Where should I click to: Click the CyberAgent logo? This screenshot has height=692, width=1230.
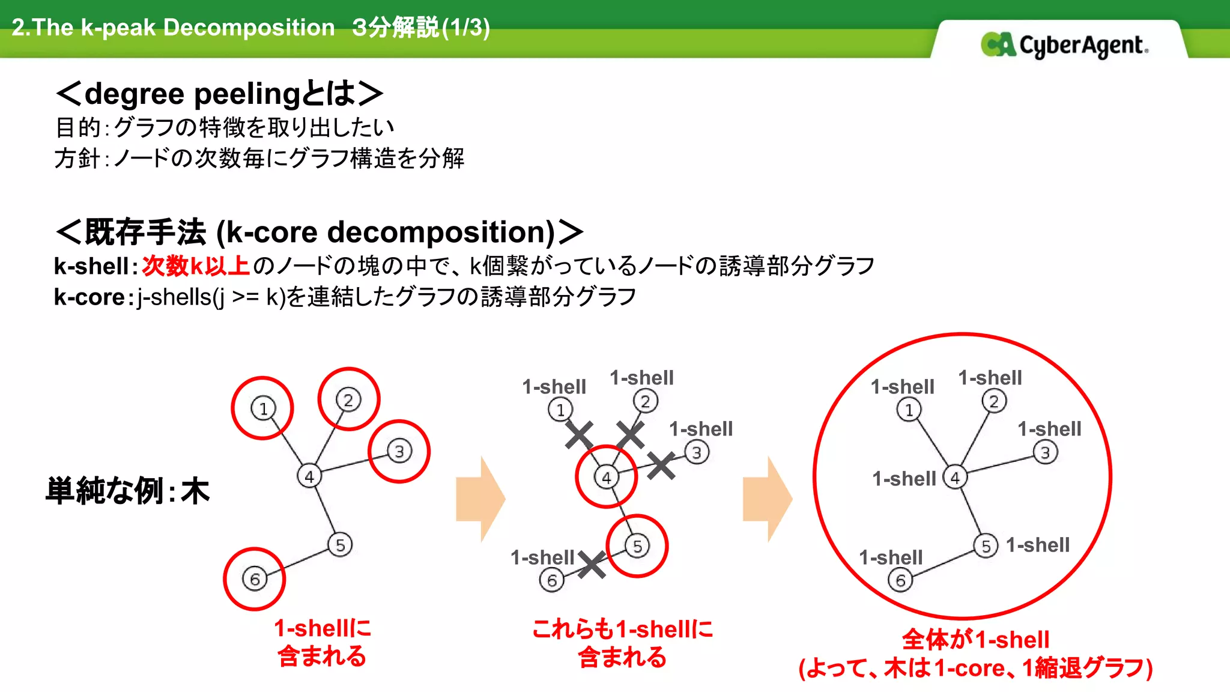tap(1064, 45)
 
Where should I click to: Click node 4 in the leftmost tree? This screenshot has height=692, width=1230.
tap(309, 476)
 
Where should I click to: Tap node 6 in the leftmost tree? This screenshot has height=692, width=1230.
tap(255, 579)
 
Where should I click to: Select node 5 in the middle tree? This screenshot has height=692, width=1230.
tap(637, 546)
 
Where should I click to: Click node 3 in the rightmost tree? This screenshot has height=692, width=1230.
tap(1045, 452)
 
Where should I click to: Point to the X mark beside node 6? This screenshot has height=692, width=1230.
tap(592, 565)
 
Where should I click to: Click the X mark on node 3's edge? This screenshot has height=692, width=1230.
tap(661, 466)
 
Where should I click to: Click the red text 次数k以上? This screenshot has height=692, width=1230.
tap(196, 266)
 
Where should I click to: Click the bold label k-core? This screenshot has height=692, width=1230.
tap(93, 297)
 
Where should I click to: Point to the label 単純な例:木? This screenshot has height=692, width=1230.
tap(127, 491)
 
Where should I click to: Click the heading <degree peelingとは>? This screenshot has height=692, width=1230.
tap(219, 94)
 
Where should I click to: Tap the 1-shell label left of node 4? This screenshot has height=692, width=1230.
tap(904, 479)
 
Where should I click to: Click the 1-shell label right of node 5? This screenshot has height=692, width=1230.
tap(1038, 545)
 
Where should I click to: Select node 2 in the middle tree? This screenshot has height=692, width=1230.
tap(645, 401)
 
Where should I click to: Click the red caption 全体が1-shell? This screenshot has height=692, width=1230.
tap(975, 639)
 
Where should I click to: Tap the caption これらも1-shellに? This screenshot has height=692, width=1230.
tap(622, 629)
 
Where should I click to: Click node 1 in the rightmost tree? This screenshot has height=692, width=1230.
tap(909, 410)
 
